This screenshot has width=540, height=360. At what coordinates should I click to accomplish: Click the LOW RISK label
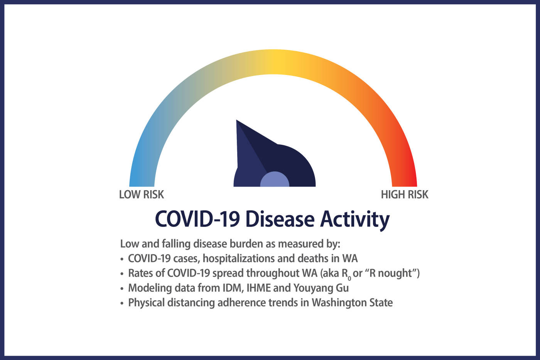pos(142,194)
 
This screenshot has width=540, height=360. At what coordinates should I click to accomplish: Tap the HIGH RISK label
pos(405,194)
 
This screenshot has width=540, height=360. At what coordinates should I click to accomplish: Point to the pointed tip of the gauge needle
pos(236,120)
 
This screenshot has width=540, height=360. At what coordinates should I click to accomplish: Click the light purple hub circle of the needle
pos(275,179)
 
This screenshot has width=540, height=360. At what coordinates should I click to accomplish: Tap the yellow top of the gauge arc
pos(277,62)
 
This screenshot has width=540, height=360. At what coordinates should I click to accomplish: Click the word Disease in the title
pos(280,219)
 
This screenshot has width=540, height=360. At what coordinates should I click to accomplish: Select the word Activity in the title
pos(355,221)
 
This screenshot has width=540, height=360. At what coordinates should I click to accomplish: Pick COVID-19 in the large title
pos(197,219)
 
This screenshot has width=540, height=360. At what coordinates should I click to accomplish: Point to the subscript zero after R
pos(349,278)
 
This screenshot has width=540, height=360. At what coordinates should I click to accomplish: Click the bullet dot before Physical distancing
pos(122,303)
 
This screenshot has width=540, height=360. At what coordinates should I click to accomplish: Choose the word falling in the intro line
pos(176,244)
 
